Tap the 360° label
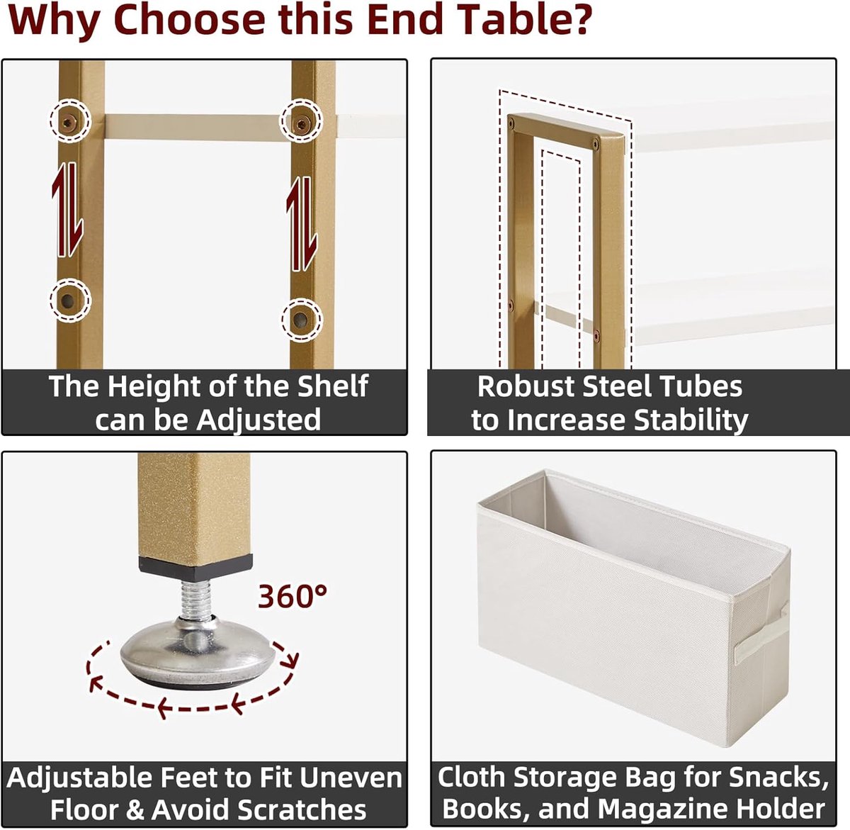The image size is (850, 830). [293, 595]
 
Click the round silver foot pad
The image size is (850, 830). [198, 652]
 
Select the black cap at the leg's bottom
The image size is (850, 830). [195, 568]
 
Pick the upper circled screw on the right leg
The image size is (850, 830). [301, 125]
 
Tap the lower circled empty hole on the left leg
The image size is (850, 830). [68, 301]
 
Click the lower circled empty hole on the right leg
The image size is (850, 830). [300, 320]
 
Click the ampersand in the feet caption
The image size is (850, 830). [135, 810]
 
